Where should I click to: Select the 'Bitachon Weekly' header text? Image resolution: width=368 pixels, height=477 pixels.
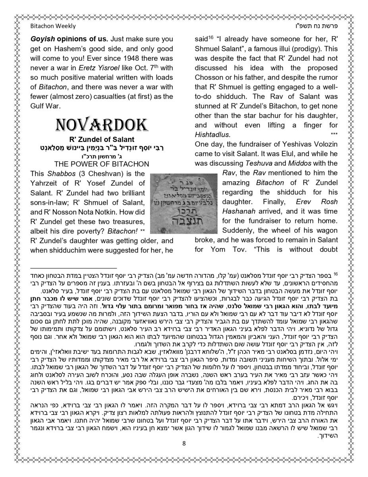pyautogui.click(x=53, y=26)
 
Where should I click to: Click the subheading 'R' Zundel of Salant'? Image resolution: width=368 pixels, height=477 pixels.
pyautogui.click(x=102, y=140)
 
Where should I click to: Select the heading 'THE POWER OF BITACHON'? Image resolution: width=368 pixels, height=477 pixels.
pyautogui.click(x=102, y=164)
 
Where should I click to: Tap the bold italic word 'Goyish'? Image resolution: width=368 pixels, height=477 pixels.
pyautogui.click(x=42, y=39)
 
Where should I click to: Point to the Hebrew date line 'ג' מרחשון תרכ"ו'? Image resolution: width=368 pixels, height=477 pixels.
pyautogui.click(x=102, y=156)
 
